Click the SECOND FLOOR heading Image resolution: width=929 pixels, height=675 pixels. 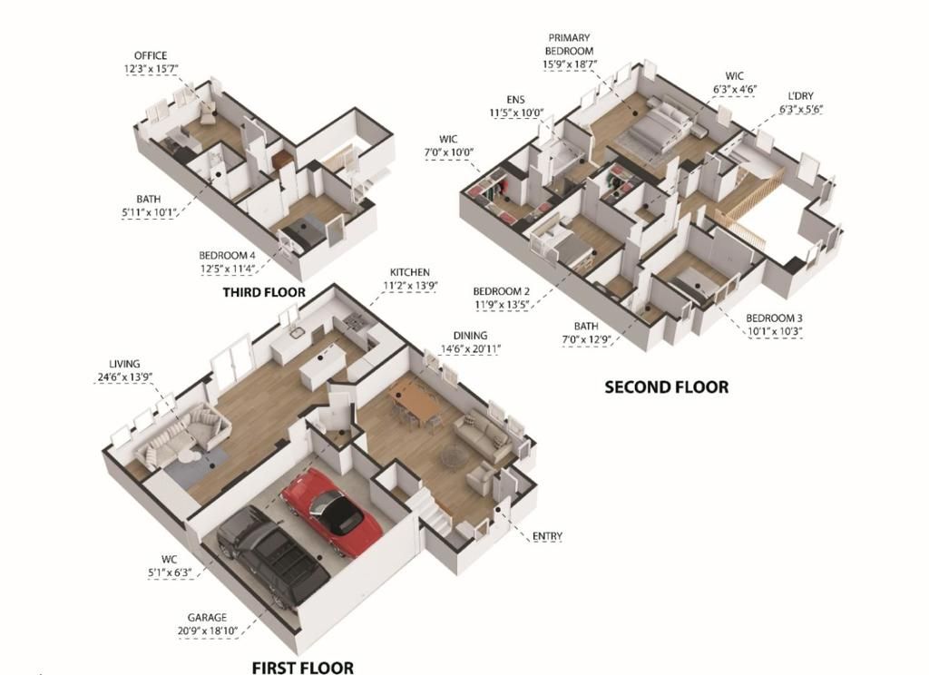point(666,387)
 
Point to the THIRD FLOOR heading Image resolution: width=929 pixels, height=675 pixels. point(264,293)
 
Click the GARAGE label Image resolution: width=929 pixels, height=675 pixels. point(206,617)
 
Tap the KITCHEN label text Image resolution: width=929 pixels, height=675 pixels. point(409,271)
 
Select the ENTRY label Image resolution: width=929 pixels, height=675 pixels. point(546,536)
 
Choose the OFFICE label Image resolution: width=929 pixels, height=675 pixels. point(150,55)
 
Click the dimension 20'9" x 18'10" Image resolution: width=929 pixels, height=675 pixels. point(207,631)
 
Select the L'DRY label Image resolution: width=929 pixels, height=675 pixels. point(799,95)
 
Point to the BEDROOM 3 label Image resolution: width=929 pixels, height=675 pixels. point(774,318)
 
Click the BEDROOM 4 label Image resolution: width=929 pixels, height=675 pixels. point(227,256)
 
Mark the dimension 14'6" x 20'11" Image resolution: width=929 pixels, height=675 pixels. point(471,348)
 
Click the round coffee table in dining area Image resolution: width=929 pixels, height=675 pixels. point(453,459)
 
